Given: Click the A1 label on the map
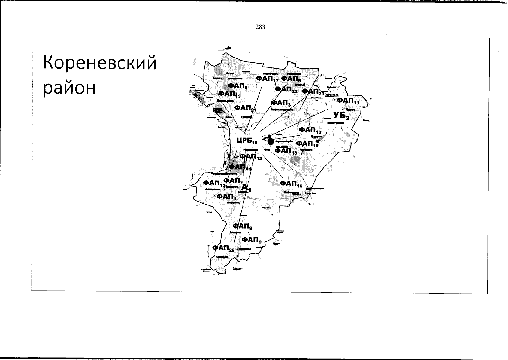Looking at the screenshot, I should click(x=246, y=188).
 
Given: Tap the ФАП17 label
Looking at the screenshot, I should click(x=267, y=79).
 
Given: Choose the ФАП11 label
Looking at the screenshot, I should click(x=348, y=101).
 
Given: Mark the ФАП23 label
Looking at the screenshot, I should click(x=286, y=90).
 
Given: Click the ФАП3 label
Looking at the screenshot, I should click(x=281, y=103).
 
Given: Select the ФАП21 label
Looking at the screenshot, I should click(x=245, y=108).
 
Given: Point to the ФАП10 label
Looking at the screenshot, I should click(x=310, y=130).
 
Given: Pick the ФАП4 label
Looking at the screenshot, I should click(x=226, y=196).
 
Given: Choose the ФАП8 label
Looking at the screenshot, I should click(x=242, y=226).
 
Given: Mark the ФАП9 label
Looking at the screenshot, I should click(x=252, y=240).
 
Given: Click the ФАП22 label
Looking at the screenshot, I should click(x=223, y=248).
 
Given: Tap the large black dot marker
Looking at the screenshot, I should click(x=271, y=141).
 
